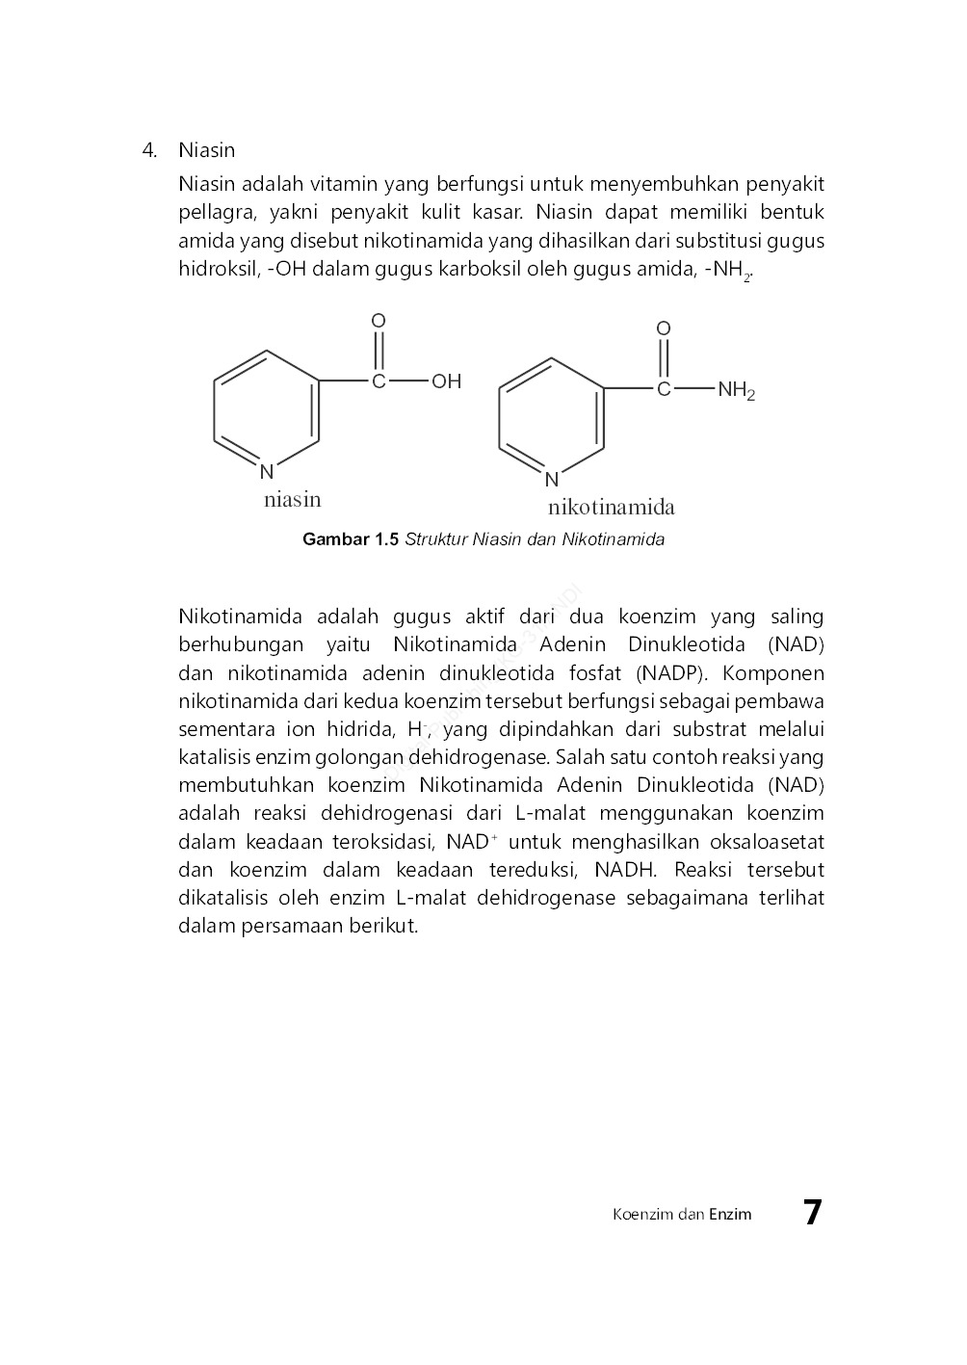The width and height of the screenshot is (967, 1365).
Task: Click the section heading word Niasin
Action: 206,150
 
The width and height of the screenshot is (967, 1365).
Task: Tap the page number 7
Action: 813,1212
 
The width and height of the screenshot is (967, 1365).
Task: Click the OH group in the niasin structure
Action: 446,381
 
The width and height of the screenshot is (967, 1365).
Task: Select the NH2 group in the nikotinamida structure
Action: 736,390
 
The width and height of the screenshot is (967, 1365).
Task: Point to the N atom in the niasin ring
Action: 267,472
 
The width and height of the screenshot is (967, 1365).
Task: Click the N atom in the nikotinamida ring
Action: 552,480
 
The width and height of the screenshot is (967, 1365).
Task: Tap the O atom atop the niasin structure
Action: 379,321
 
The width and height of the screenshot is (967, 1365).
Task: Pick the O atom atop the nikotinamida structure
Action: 664,329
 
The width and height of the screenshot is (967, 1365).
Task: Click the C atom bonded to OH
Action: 379,381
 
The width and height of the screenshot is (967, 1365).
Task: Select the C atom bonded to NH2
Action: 664,390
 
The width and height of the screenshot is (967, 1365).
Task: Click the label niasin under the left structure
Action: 293,499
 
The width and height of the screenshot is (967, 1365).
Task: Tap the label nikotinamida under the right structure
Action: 612,508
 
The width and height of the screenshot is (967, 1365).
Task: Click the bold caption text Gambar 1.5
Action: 350,539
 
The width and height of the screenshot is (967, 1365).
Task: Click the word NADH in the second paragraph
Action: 625,870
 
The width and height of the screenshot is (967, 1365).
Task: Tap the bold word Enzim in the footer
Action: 730,1214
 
